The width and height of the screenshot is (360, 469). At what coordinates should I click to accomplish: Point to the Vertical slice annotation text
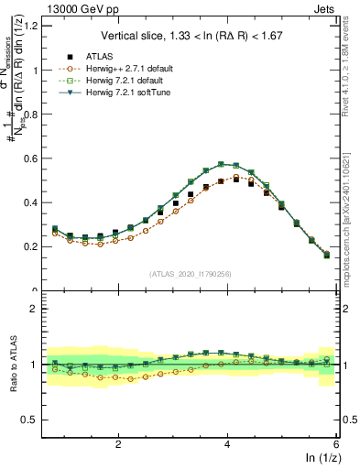pos(191,37)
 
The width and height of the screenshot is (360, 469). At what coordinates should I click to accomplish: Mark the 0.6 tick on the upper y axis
pos(32,158)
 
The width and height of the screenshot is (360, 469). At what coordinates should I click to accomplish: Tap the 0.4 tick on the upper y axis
pos(32,202)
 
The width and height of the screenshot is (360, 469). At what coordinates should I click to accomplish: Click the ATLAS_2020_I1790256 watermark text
pos(191,274)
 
